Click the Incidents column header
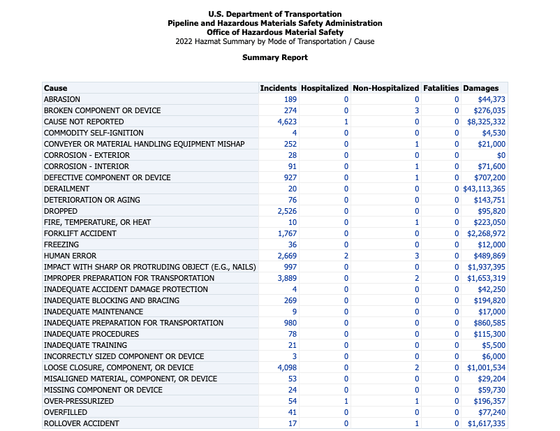278,88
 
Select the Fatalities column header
441,88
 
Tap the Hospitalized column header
324,88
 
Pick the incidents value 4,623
288,122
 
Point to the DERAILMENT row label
66,189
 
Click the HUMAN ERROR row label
70,256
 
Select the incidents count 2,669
288,256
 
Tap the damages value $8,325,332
486,122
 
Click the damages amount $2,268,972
486,233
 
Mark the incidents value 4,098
288,367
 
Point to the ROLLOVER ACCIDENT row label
81,423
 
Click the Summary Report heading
275,57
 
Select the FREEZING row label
61,244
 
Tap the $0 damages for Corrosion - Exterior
501,155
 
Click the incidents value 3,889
288,278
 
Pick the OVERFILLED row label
66,412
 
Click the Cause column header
56,88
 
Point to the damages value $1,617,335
486,423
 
